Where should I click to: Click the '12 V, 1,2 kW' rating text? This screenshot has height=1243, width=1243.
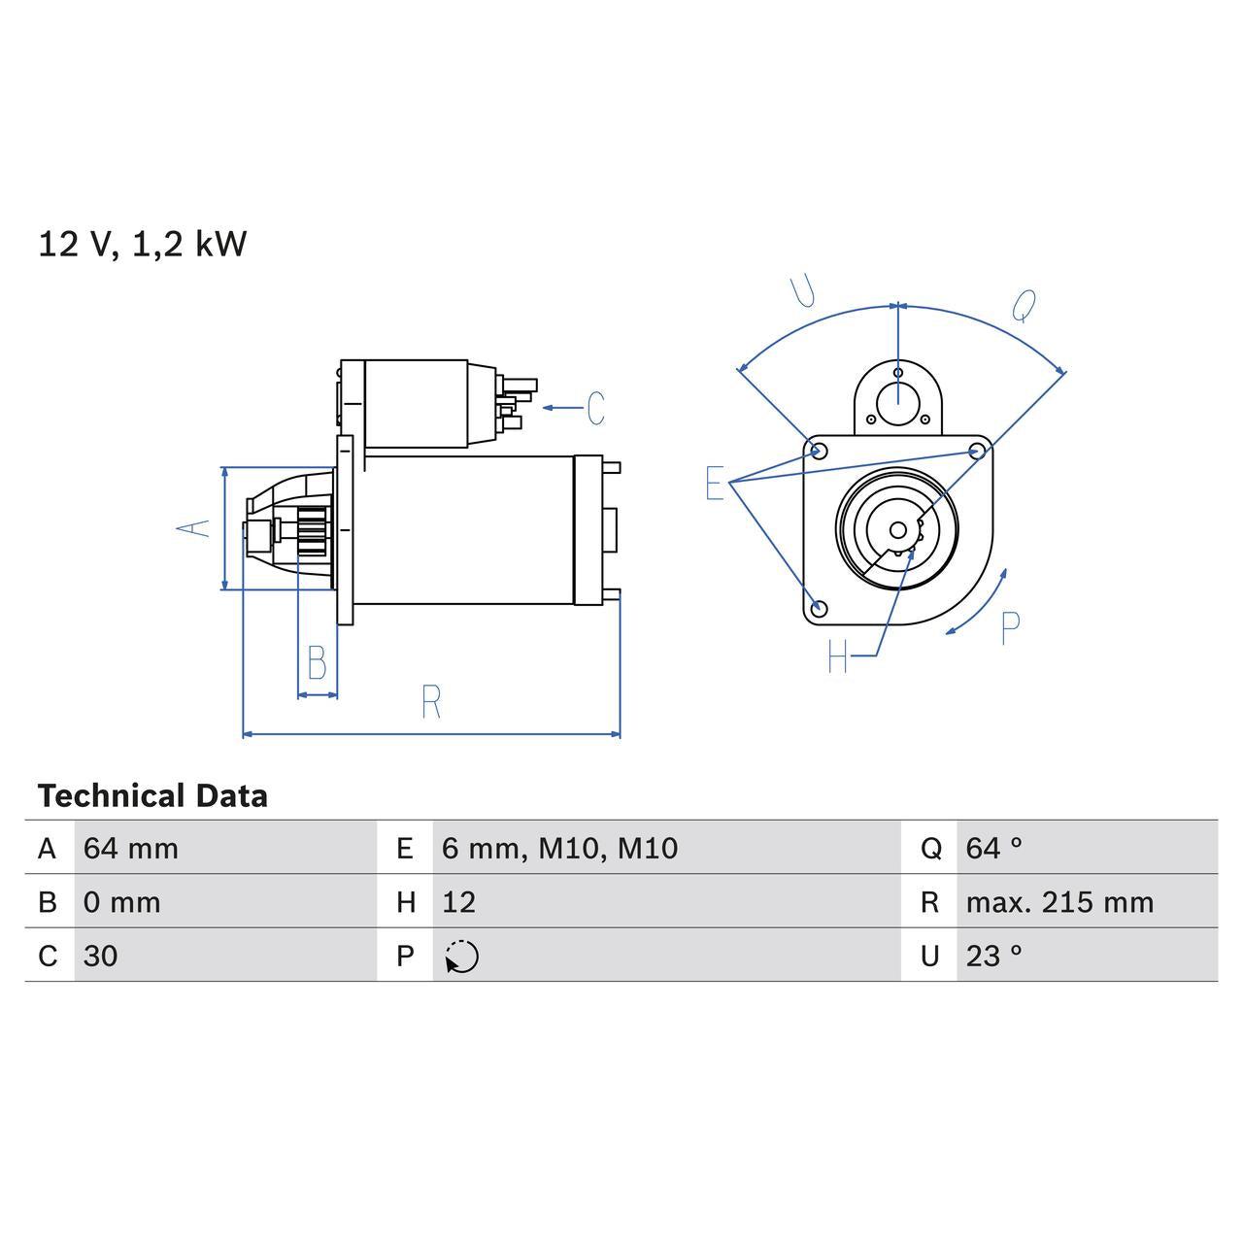pos(142,244)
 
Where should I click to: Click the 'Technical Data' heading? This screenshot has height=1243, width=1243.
pos(152,796)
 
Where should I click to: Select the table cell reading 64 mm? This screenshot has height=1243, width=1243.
pos(131,849)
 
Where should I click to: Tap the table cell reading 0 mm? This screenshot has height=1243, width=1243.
pos(122,902)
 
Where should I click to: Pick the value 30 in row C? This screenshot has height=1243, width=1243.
pos(101,957)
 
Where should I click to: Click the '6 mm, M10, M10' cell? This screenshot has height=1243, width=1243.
pos(559,849)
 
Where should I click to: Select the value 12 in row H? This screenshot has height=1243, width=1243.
pos(459,902)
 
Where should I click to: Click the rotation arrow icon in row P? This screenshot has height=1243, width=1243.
pos(462,957)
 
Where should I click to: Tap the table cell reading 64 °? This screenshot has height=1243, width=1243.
pos(993,849)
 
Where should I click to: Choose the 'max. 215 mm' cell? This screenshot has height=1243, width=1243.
pos(1059,902)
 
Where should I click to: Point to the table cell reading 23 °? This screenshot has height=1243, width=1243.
pos(993,957)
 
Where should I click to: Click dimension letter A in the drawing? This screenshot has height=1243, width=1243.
pos(193,527)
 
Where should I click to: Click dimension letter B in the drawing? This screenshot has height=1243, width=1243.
pos(317,662)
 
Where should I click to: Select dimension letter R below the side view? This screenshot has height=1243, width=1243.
pos(431,701)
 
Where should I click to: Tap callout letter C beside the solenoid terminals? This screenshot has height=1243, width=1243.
pos(595,408)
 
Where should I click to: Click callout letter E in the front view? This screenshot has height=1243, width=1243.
pos(715,483)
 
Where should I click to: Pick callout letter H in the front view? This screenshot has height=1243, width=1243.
pos(837,657)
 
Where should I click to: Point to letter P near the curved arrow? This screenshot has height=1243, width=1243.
pos(1010,629)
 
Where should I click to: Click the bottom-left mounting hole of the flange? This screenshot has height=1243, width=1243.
pos(819,608)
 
